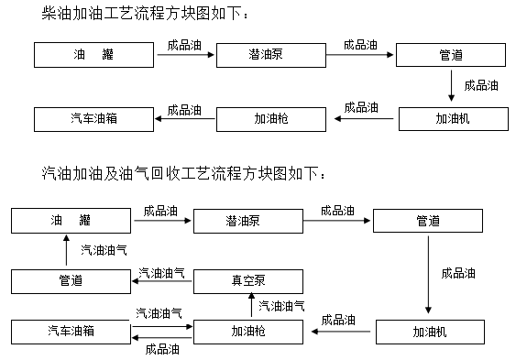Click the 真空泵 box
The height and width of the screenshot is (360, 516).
point(247,280)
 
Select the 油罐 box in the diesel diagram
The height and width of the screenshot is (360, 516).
point(93,55)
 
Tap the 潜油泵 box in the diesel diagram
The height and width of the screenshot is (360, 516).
point(270,55)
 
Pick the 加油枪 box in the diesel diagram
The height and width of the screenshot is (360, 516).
point(271,118)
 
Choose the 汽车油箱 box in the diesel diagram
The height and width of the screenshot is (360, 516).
point(93,118)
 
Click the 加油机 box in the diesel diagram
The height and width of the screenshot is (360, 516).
point(452,118)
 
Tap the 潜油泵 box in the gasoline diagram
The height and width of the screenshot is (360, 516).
point(247,220)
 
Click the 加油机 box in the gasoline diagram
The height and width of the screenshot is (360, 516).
point(428,331)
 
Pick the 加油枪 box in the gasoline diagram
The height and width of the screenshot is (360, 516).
point(247,331)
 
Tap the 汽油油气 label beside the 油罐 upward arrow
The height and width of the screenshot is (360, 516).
point(104,249)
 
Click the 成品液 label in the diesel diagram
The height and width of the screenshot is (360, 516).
point(480,85)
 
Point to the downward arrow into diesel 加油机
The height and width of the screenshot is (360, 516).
point(452,87)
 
